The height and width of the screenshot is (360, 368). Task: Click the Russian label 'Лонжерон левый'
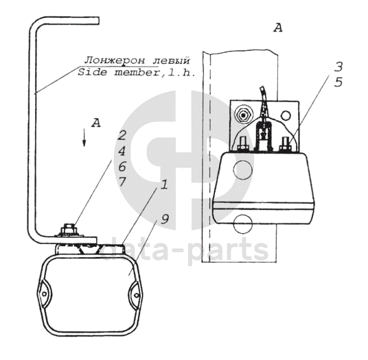pyautogui.click(x=137, y=60)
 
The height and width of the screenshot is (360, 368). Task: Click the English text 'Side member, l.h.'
pyautogui.click(x=137, y=72)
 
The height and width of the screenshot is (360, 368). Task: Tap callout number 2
pyautogui.click(x=122, y=135)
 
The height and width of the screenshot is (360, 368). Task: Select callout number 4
pyautogui.click(x=122, y=151)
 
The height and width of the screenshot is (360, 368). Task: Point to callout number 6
pyautogui.click(x=122, y=166)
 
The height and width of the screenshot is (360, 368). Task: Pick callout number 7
pyautogui.click(x=122, y=181)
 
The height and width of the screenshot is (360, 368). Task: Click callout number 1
pyautogui.click(x=164, y=184)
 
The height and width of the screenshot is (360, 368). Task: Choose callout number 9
pyautogui.click(x=165, y=219)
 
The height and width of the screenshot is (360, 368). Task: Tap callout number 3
pyautogui.click(x=338, y=67)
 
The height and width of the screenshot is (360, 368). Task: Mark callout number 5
pyautogui.click(x=338, y=82)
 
